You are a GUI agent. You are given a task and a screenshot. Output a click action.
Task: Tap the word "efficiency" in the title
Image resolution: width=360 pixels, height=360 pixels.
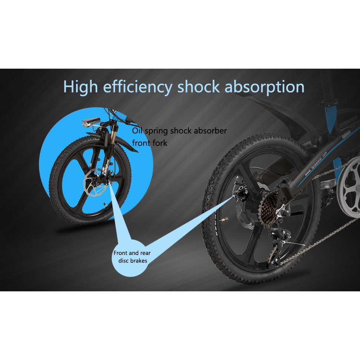point(137,87)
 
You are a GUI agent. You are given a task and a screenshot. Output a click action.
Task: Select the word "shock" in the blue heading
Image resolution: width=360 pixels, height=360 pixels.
point(198,87)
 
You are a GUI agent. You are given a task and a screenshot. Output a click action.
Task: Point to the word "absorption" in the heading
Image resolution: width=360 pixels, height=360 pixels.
point(265,87)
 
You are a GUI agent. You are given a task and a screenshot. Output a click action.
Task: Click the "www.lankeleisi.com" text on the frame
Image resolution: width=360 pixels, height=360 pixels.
point(316,164)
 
